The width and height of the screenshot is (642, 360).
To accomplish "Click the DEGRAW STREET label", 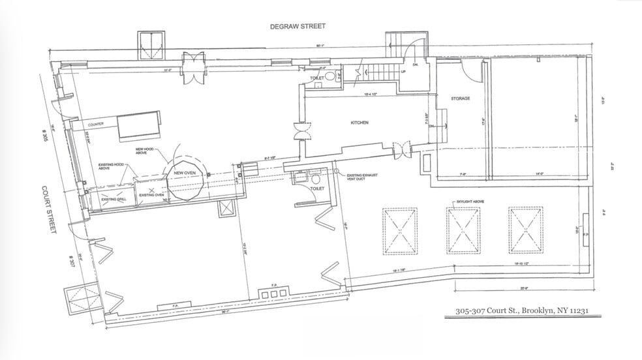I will (x=298, y=27).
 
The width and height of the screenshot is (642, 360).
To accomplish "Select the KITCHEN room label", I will (x=359, y=123).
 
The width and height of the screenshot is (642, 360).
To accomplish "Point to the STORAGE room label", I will (x=460, y=98).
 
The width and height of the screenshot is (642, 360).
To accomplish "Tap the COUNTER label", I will (x=96, y=124).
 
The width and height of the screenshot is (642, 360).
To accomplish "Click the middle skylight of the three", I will (x=463, y=230).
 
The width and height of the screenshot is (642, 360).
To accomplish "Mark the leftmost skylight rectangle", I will (x=400, y=232).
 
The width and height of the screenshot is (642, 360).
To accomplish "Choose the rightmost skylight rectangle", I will (x=525, y=230).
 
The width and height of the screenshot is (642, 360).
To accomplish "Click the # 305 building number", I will (x=42, y=140).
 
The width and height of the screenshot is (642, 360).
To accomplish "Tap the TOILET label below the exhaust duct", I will (x=317, y=188).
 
